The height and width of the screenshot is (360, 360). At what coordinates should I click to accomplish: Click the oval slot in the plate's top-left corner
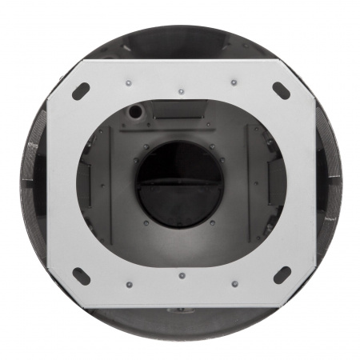click(x=80, y=91)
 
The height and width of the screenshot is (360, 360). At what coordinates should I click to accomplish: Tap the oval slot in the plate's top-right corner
click(x=282, y=90)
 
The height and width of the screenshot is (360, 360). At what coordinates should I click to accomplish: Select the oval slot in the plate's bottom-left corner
click(x=81, y=275)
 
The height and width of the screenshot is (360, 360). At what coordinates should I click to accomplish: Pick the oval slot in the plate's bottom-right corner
click(x=282, y=275)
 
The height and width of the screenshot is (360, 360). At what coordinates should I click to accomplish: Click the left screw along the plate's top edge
click(x=129, y=82)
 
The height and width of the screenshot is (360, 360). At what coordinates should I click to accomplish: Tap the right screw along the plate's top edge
click(x=234, y=82)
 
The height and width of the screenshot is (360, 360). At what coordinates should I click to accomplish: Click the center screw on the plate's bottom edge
click(x=182, y=276)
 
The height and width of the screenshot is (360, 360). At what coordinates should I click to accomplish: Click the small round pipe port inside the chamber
click(x=137, y=111)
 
